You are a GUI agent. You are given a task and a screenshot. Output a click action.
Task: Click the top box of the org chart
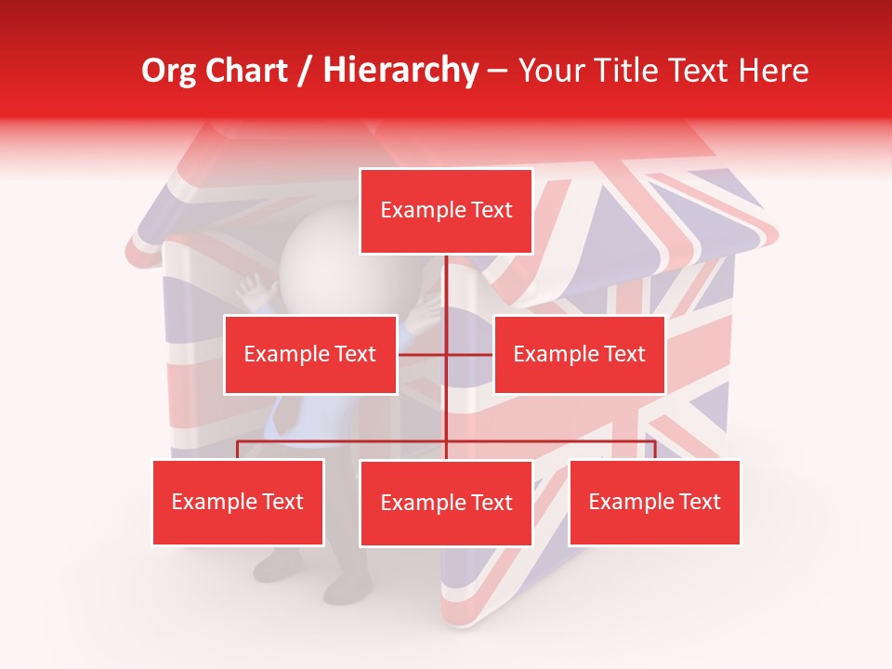446,211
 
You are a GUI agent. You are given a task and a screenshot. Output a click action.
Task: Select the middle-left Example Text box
310,354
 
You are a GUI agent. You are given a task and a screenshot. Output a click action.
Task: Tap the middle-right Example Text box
579,354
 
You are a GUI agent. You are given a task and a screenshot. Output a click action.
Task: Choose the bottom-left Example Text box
238,502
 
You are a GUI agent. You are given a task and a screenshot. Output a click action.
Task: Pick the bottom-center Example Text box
446,503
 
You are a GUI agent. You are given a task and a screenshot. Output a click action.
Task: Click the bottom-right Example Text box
654,502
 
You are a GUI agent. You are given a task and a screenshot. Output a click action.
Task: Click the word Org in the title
170,71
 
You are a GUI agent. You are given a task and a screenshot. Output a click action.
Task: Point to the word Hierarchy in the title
400,71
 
